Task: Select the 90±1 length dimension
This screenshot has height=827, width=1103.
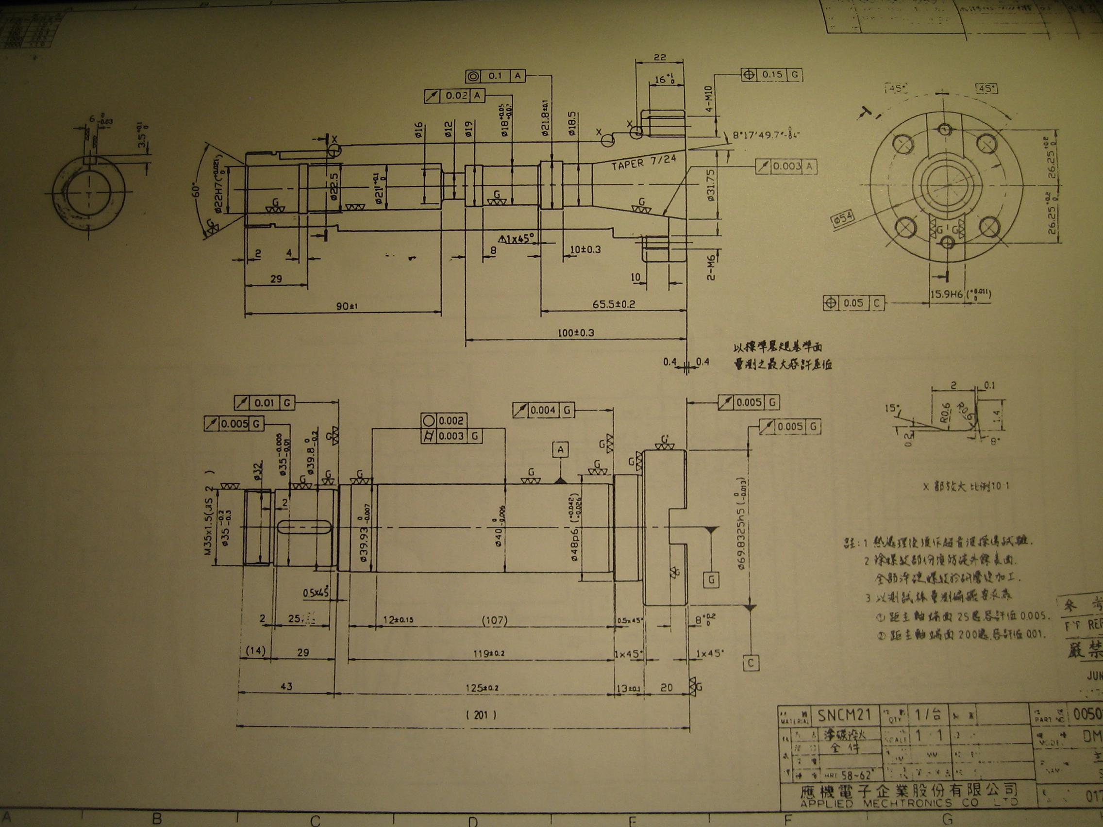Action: (x=347, y=306)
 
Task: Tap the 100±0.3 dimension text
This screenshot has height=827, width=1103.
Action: (x=576, y=332)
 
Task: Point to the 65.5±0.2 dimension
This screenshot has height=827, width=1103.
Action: (x=614, y=304)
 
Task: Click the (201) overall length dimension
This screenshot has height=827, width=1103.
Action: (x=481, y=715)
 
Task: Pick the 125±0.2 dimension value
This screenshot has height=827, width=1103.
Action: (x=481, y=688)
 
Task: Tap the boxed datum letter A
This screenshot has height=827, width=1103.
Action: (x=560, y=449)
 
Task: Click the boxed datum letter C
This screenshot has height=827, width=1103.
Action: (x=751, y=663)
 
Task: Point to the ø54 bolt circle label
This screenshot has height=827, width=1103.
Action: (x=842, y=219)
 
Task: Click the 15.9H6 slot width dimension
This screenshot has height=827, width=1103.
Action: (x=960, y=294)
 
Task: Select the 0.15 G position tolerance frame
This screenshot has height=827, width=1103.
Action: (x=772, y=75)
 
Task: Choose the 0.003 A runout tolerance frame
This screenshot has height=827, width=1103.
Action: (x=786, y=166)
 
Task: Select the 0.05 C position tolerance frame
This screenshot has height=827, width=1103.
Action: (x=853, y=303)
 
